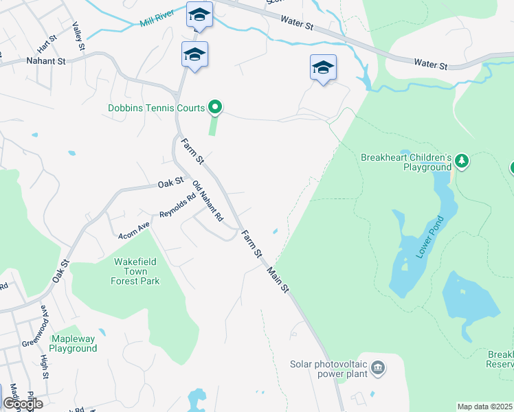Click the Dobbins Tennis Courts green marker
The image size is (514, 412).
click(215, 106)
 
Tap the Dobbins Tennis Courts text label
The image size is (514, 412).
click(157, 108)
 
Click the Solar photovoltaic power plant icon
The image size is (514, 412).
click(378, 368)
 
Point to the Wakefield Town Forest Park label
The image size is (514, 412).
click(136, 271)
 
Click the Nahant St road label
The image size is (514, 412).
click(45, 61)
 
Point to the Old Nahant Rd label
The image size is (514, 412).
click(208, 201)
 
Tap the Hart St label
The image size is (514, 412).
click(46, 45)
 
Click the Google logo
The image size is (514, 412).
click(23, 403)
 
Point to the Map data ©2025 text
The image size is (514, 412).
click(484, 407)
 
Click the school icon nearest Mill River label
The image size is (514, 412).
click(199, 15)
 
